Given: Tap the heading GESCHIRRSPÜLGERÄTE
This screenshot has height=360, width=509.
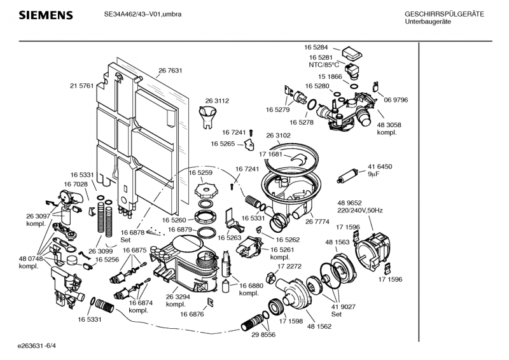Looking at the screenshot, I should (x=444, y=14).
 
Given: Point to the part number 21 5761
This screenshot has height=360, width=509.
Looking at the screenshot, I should (x=82, y=85).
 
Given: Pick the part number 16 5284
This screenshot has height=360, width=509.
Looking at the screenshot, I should (x=316, y=47).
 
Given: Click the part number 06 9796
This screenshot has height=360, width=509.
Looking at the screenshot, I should (x=396, y=100).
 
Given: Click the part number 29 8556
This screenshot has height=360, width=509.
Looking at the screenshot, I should (x=263, y=335).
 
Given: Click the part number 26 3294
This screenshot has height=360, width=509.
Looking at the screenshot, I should (x=178, y=296).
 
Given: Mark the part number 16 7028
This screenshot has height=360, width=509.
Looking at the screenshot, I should (x=76, y=184).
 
